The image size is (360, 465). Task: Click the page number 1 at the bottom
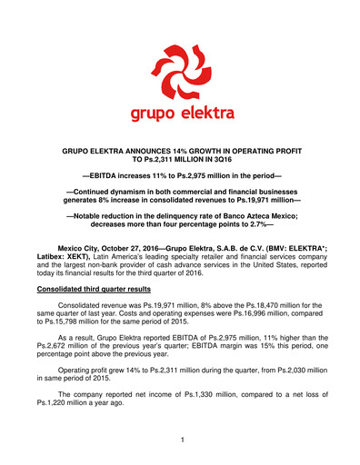[180, 440]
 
